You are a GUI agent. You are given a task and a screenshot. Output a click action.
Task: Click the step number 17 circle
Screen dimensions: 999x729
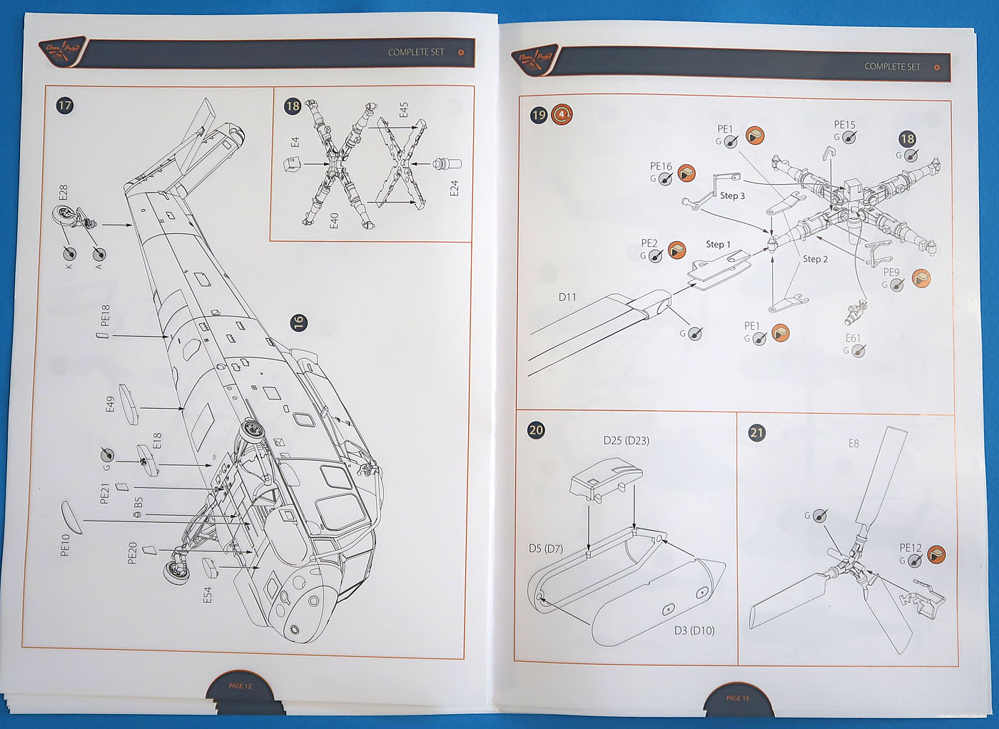coord(65,106)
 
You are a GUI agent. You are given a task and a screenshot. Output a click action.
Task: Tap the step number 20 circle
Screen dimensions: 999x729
coord(536,430)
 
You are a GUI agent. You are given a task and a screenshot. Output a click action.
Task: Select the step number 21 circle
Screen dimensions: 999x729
coord(757,433)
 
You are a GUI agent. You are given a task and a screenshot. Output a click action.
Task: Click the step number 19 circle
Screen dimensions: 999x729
coord(539,115)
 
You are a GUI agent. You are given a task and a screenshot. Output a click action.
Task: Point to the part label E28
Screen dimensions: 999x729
coord(64,192)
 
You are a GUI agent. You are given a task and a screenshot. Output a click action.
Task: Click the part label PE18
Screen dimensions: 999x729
coord(106,315)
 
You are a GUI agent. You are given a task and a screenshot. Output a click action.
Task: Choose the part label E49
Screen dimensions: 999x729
coord(110,404)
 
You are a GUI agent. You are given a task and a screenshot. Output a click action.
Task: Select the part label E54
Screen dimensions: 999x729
coord(208,594)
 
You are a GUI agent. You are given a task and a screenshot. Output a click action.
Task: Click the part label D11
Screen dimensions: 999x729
coord(567,297)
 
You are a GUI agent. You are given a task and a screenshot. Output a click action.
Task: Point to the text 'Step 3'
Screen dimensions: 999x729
coord(732,195)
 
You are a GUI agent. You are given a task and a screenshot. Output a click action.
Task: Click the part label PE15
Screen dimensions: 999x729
coord(844,125)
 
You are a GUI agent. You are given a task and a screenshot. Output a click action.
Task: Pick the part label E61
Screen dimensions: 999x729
coord(853,338)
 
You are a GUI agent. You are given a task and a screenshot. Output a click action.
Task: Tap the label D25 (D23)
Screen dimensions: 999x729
coord(626,441)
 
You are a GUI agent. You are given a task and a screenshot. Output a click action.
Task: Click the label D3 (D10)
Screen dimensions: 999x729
coord(694,631)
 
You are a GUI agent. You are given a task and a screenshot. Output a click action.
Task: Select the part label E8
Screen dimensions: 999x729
coord(853,444)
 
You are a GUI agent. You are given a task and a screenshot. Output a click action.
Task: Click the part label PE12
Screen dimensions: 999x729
coord(910,548)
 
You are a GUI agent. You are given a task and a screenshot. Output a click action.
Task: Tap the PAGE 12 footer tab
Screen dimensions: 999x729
coord(240,686)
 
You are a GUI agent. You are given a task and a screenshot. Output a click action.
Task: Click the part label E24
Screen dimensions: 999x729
coord(455,188)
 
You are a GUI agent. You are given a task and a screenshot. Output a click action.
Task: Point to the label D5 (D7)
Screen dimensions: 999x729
coord(546,549)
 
